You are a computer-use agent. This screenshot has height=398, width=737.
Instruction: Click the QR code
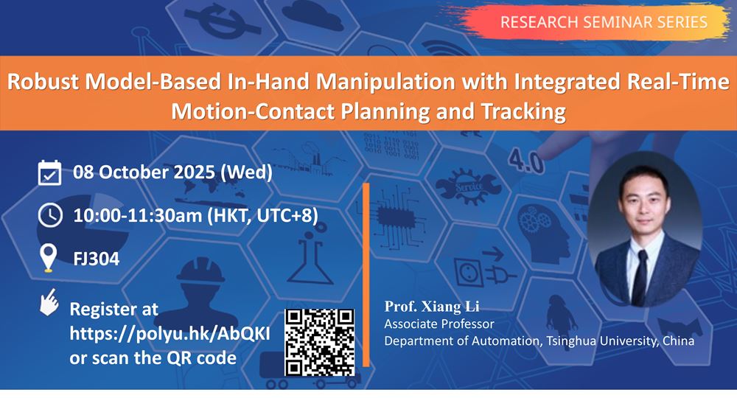pos(320,343)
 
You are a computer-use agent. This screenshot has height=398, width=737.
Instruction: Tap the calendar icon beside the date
pos(49,173)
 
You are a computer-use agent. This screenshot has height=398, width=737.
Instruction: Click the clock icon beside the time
pos(50,216)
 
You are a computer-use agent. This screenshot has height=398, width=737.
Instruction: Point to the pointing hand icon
pos(49,302)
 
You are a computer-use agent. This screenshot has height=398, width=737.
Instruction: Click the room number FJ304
pos(97,259)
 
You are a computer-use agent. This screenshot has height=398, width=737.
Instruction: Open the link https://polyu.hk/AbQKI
pos(170,334)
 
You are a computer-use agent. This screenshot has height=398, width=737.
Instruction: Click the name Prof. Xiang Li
pos(431,307)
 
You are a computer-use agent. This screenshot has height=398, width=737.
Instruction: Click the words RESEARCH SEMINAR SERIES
pos(604,22)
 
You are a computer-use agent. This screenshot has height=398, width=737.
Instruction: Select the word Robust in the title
pos(43,82)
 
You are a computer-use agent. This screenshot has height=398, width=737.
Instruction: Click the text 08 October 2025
pos(144,172)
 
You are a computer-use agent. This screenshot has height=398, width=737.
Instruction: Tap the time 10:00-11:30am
pos(137,216)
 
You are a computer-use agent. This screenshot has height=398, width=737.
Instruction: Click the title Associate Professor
pos(439,324)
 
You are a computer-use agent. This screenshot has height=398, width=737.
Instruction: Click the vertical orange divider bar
pos(366,274)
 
